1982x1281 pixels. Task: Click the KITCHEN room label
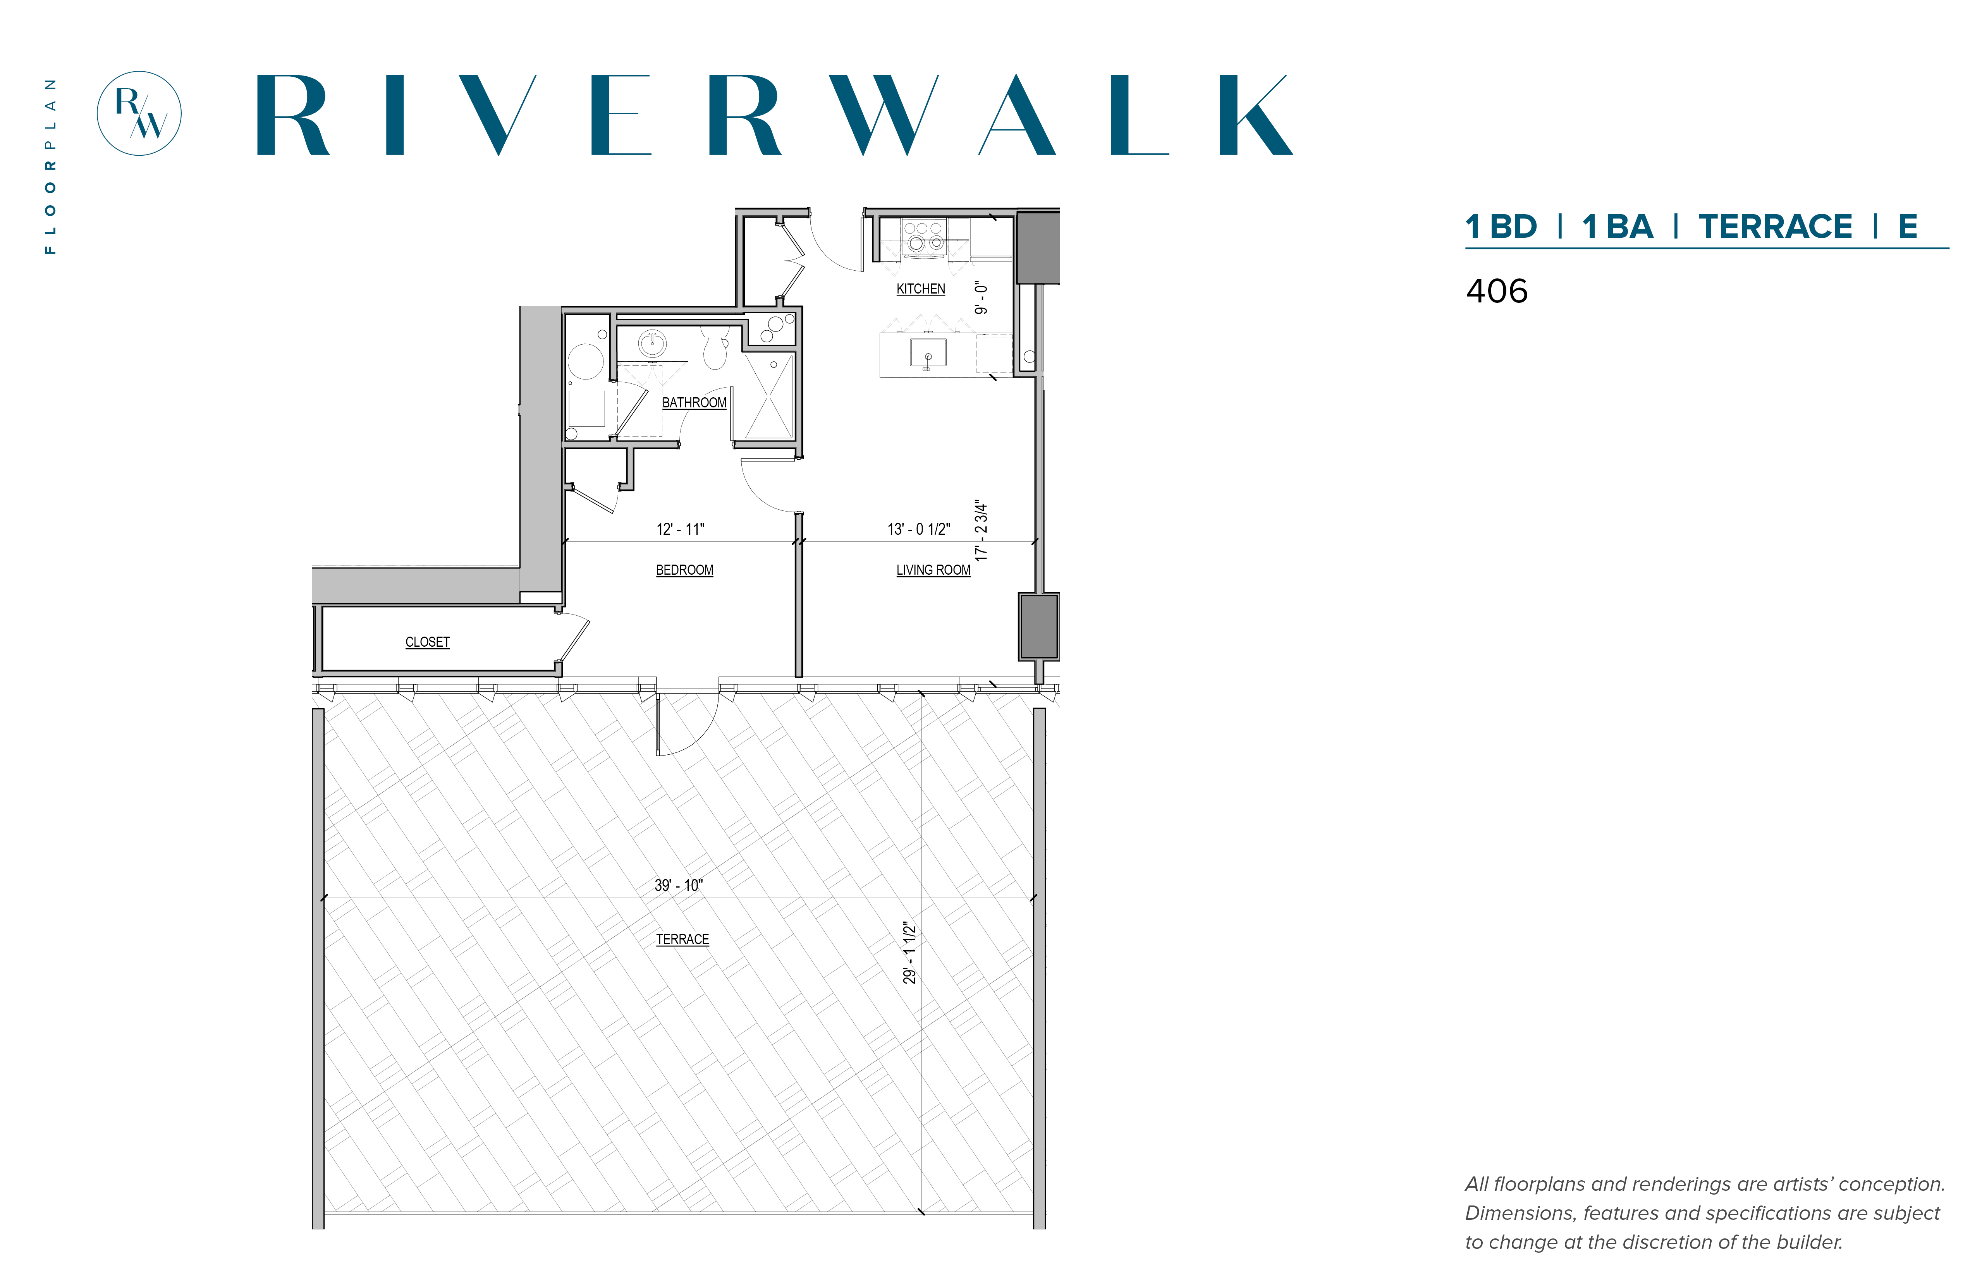pyautogui.click(x=920, y=288)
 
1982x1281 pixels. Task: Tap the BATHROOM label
pyautogui.click(x=694, y=403)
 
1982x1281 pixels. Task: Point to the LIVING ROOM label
pyautogui.click(x=933, y=570)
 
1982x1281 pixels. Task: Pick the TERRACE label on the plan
pyautogui.click(x=682, y=939)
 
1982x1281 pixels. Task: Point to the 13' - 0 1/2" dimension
pyautogui.click(x=919, y=529)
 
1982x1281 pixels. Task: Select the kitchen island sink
pyautogui.click(x=928, y=353)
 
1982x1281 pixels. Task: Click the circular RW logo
pyautogui.click(x=139, y=113)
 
